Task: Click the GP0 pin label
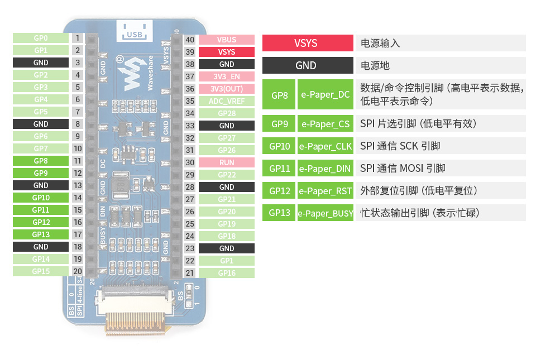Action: (x=41, y=38)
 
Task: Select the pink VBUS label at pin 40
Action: (x=227, y=40)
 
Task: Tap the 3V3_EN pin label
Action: (x=227, y=76)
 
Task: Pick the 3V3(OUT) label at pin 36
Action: (x=227, y=89)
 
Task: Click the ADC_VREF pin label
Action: (x=227, y=101)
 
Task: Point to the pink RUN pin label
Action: (x=227, y=162)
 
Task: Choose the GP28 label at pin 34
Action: (x=227, y=113)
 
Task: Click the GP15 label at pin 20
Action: (x=41, y=271)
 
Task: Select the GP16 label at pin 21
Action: (x=227, y=273)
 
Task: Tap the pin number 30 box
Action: (x=190, y=162)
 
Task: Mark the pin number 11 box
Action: (x=78, y=161)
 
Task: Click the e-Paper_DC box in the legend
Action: (x=326, y=95)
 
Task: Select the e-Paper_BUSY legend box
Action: (x=326, y=213)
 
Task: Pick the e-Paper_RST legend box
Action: (x=326, y=191)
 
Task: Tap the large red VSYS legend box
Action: (x=306, y=43)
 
